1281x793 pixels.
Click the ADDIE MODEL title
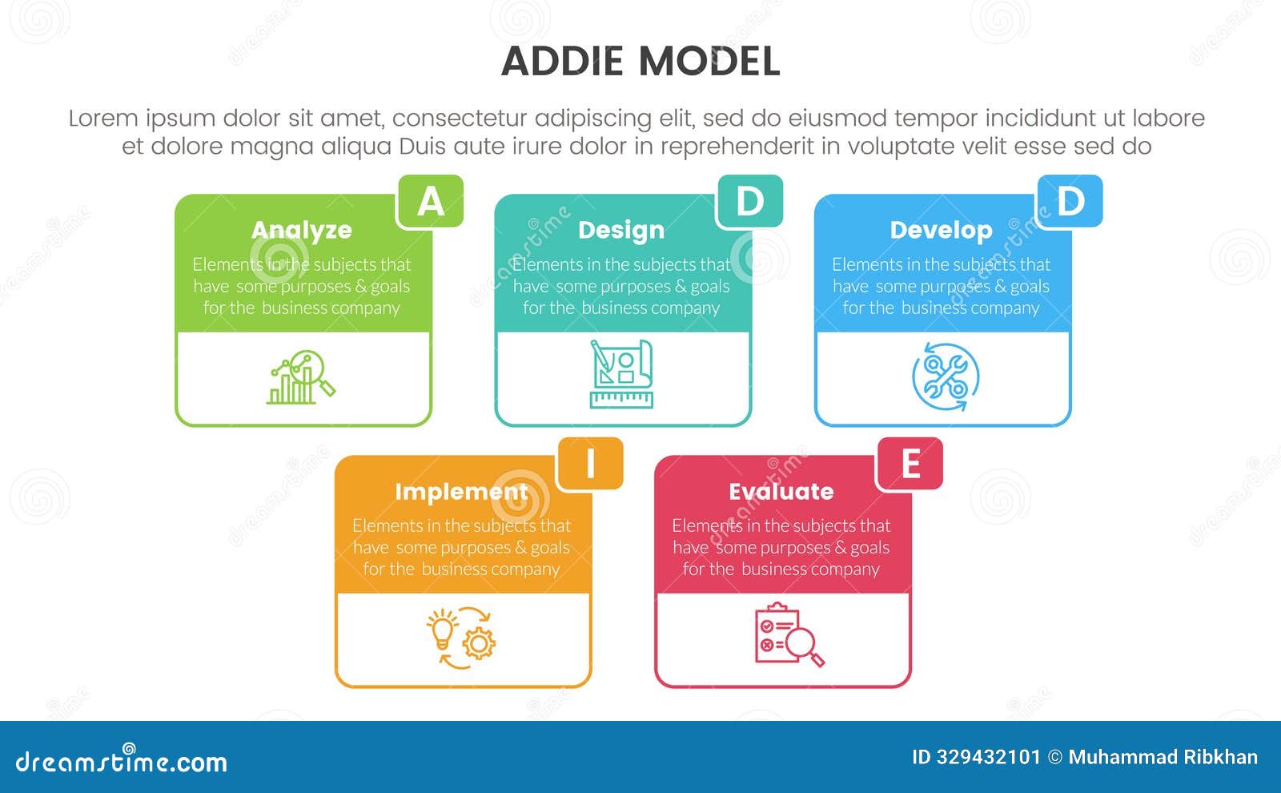pyautogui.click(x=640, y=62)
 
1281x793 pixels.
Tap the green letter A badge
pyautogui.click(x=431, y=202)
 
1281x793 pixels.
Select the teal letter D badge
pyautogui.click(x=750, y=202)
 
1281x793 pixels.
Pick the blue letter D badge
pyautogui.click(x=1070, y=202)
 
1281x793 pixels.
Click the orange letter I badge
pyautogui.click(x=590, y=464)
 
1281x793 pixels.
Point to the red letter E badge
pyautogui.click(x=910, y=464)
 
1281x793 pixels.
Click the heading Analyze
pyautogui.click(x=302, y=230)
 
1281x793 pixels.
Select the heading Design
pyautogui.click(x=621, y=230)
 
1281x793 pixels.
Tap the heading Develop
pyautogui.click(x=941, y=230)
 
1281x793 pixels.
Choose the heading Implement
pyautogui.click(x=461, y=491)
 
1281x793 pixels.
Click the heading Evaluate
pyautogui.click(x=781, y=491)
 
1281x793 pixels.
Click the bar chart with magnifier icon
pyautogui.click(x=301, y=377)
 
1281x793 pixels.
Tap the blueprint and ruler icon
pyautogui.click(x=621, y=374)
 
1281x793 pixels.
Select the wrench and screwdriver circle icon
pyautogui.click(x=946, y=376)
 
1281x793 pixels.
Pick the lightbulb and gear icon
pyautogui.click(x=460, y=638)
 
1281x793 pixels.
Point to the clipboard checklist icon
pyautogui.click(x=788, y=635)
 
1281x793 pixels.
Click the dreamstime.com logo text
pyautogui.click(x=122, y=761)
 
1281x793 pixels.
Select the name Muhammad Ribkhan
pyautogui.click(x=1163, y=757)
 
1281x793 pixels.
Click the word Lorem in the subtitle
pyautogui.click(x=102, y=119)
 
